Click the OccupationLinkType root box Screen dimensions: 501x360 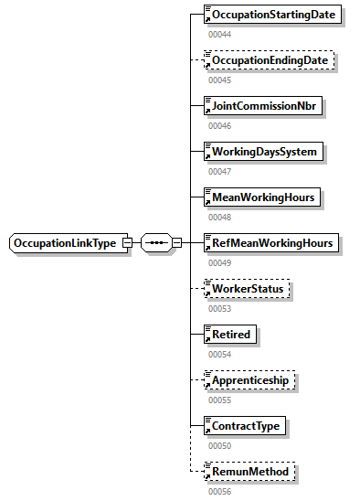pyautogui.click(x=65, y=243)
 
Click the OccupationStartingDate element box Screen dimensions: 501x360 pyautogui.click(x=273, y=15)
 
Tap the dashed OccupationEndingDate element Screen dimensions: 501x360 pyautogui.click(x=269, y=60)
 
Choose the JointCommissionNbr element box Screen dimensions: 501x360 pyautogui.click(x=263, y=106)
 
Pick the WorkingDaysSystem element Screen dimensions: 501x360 pyautogui.click(x=264, y=152)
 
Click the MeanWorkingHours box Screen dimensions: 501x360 pyautogui.click(x=263, y=197)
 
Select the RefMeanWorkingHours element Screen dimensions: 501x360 pyautogui.click(x=272, y=243)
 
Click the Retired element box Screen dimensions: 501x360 pyautogui.click(x=230, y=335)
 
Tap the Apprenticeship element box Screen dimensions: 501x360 pyautogui.click(x=251, y=380)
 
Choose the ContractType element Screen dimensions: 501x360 pyautogui.click(x=245, y=426)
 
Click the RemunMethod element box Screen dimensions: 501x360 pyautogui.click(x=249, y=472)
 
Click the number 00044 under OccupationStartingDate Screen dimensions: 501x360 pyautogui.click(x=219, y=34)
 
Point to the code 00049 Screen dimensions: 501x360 pyautogui.click(x=219, y=262)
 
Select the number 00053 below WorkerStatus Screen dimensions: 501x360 pyautogui.click(x=219, y=308)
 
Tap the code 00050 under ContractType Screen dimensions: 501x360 pyautogui.click(x=219, y=445)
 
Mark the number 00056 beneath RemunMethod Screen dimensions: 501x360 pyautogui.click(x=219, y=491)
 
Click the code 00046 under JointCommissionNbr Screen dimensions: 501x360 pyautogui.click(x=219, y=125)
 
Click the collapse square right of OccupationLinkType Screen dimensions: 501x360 pyautogui.click(x=127, y=243)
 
